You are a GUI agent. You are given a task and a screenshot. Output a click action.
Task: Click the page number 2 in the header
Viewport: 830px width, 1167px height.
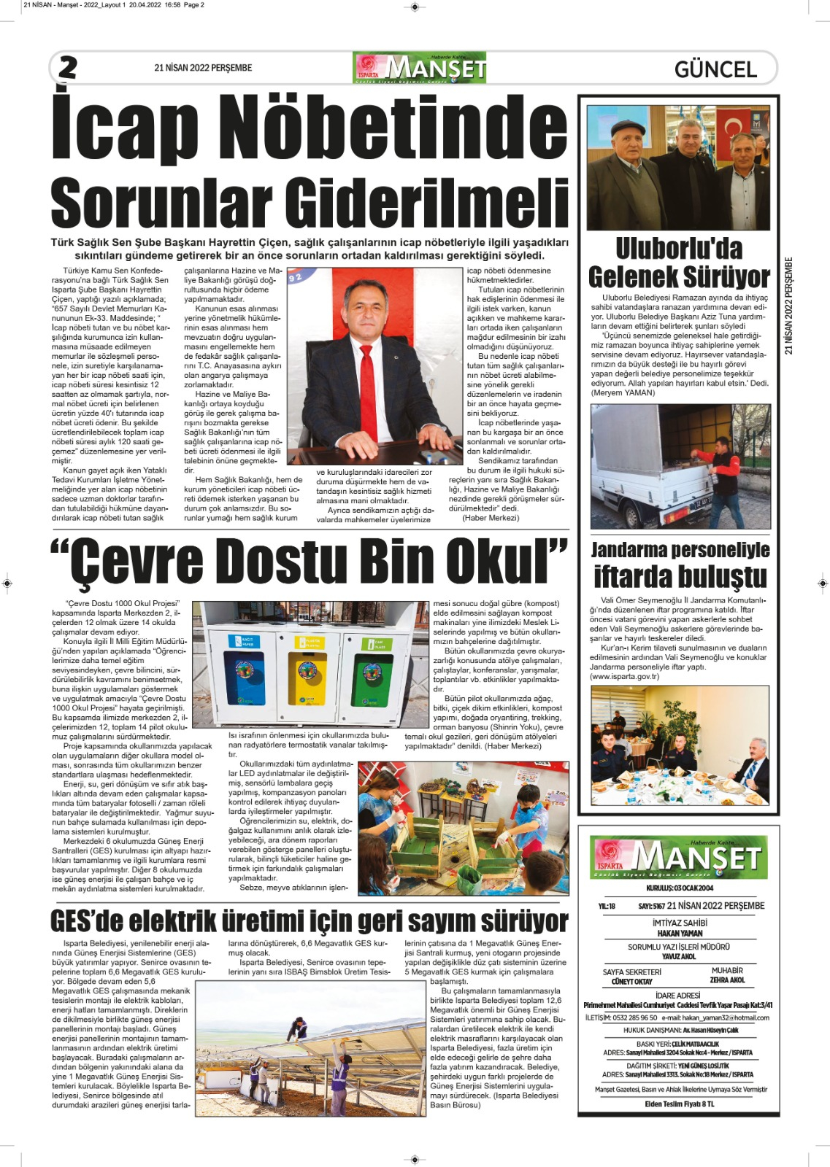pos(68,68)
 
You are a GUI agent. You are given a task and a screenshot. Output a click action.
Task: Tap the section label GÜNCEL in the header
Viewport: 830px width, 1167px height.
pos(715,69)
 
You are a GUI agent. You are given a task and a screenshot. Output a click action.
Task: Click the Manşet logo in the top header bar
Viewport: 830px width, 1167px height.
pos(420,68)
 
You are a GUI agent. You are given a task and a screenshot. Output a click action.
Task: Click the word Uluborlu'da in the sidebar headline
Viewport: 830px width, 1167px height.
pos(679,249)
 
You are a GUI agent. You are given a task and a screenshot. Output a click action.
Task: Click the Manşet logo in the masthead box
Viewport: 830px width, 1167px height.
pos(679,858)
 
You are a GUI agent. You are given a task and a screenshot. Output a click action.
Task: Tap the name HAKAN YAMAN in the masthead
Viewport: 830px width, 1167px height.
pos(680,933)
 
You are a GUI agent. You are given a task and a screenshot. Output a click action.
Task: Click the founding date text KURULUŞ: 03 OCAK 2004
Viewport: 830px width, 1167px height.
pos(680,888)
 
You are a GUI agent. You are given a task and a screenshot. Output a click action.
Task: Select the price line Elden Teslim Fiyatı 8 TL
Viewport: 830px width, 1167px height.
pos(680,1104)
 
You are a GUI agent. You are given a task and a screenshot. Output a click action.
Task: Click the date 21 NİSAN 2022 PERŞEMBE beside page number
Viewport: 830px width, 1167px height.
pos(203,68)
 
